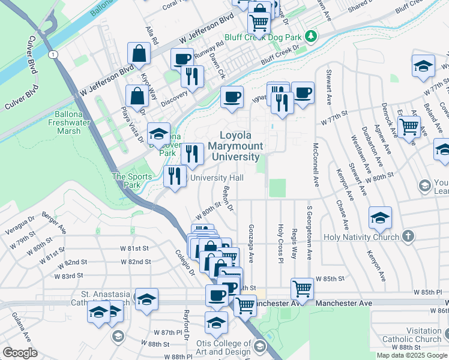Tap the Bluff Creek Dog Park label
tap(262, 37)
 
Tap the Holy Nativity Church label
tap(361, 236)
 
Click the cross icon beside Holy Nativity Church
tap(408, 236)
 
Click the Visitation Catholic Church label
tap(415, 335)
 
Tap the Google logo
tap(20, 353)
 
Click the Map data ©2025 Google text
tap(412, 355)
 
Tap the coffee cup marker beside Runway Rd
tap(182, 59)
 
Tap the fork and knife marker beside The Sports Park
tap(175, 176)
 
